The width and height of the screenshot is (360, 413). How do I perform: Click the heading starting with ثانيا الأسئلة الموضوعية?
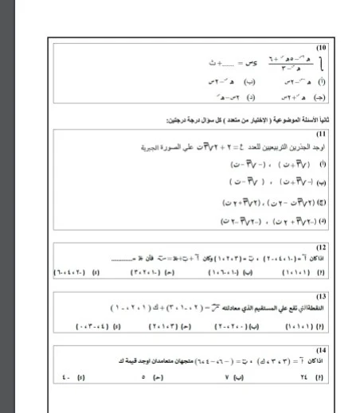263,118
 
